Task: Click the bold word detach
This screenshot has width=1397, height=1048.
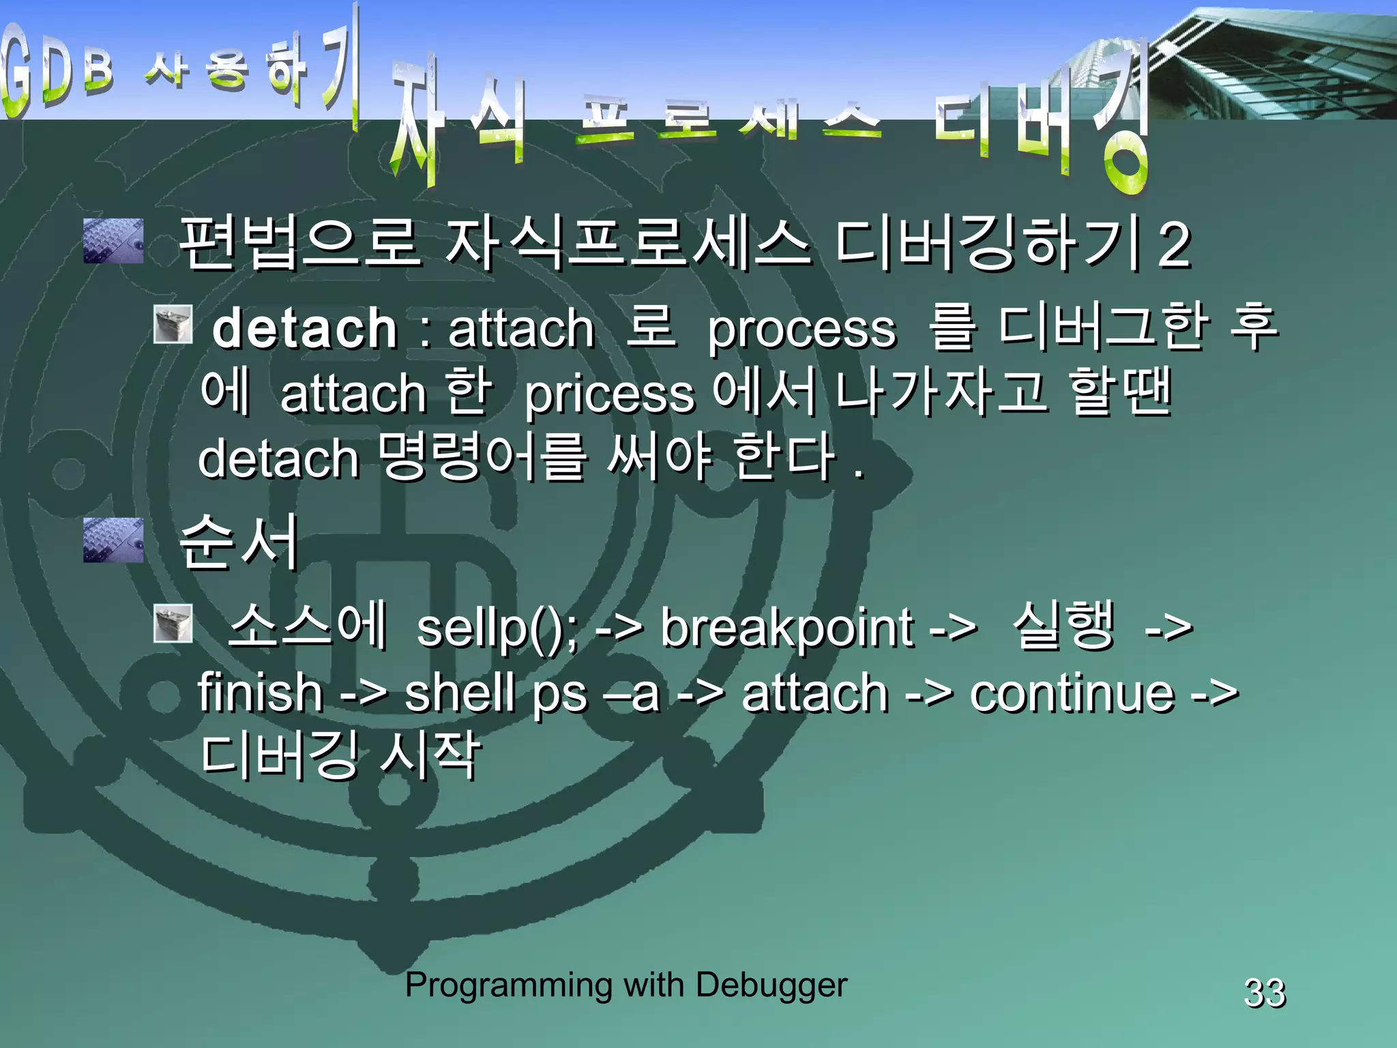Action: [x=304, y=329]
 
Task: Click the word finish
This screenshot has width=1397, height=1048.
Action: [x=260, y=693]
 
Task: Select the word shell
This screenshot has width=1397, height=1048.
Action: [x=460, y=693]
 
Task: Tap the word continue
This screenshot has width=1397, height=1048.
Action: [x=1072, y=693]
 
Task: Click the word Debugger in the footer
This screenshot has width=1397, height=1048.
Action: [x=771, y=985]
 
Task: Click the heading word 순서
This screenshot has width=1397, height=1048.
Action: [x=239, y=542]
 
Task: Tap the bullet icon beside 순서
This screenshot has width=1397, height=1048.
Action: [x=113, y=540]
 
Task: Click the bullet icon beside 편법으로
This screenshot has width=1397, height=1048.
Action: [x=113, y=241]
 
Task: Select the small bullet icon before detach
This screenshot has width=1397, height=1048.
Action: [x=173, y=324]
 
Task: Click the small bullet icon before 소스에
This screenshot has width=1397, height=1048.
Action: [x=173, y=623]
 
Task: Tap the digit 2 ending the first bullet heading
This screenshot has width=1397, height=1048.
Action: [x=1174, y=244]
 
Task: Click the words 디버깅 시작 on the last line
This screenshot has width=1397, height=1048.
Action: [x=340, y=756]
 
